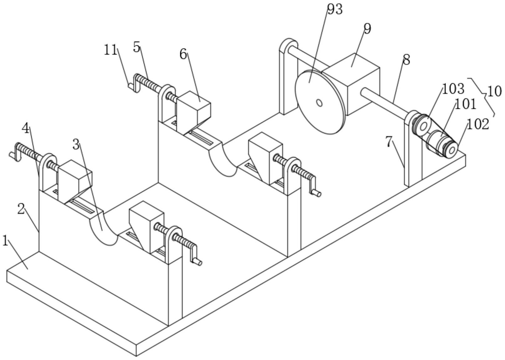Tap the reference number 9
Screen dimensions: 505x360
(367, 29)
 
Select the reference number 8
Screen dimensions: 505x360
(406, 60)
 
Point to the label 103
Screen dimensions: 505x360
(453, 89)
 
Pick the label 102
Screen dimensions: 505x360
(478, 124)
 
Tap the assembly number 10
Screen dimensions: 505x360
(494, 92)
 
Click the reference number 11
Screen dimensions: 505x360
(110, 50)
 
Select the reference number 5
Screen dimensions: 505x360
(137, 47)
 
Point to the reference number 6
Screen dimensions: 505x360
(183, 54)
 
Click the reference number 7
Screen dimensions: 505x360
(389, 142)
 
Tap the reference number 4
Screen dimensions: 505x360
(25, 128)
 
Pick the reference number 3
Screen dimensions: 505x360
(76, 145)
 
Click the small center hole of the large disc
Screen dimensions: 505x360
(319, 103)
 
